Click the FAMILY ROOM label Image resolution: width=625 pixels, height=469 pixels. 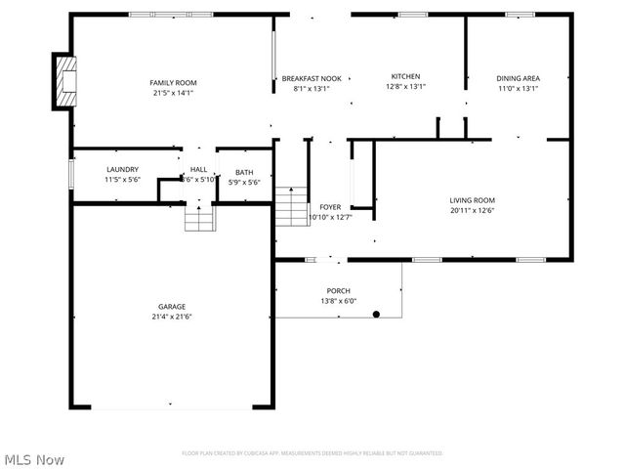173,83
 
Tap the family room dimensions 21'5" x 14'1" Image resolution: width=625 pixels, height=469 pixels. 173,94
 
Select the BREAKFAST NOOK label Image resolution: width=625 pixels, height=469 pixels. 312,78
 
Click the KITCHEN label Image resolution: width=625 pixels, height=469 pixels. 405,76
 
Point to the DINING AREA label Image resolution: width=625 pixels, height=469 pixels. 518,78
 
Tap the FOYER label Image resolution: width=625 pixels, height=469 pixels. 330,207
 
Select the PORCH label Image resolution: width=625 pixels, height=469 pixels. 338,291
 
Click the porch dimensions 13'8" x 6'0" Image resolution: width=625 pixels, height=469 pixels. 338,301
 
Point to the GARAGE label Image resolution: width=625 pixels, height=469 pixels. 173,306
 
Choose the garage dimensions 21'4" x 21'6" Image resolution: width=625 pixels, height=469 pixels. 173,317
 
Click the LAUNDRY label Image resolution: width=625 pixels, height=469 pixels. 122,169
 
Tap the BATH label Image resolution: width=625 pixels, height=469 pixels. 243,172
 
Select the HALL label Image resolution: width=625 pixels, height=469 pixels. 198,169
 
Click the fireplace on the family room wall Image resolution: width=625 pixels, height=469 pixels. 65,81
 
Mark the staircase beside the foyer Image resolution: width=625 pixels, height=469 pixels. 290,205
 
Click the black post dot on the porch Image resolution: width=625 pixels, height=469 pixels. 376,314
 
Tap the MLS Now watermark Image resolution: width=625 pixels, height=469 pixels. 34,459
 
